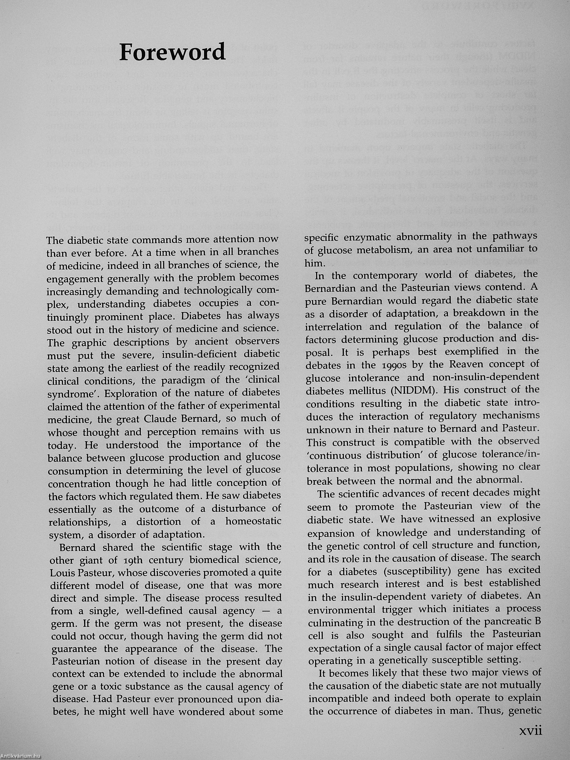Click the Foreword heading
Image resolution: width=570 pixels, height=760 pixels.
[x=172, y=53]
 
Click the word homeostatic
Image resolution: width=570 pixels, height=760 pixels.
[x=253, y=521]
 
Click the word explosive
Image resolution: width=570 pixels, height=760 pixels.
[x=519, y=518]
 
